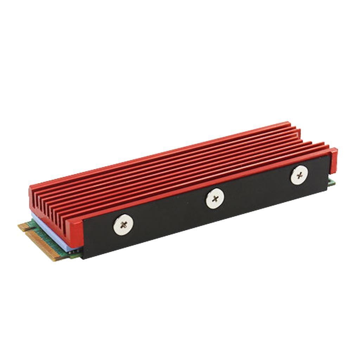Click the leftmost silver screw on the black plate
[123, 224]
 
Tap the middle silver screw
[215, 199]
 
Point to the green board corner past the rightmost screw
[332, 181]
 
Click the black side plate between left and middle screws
[169, 218]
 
